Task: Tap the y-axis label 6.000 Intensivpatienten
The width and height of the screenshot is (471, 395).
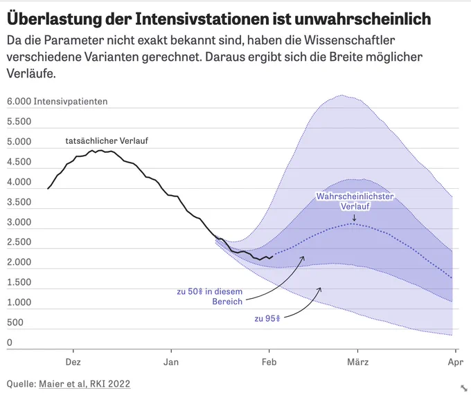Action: point(57,102)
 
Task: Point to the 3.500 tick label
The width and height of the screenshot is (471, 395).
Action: point(19,202)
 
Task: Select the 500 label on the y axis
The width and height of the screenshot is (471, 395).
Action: point(15,322)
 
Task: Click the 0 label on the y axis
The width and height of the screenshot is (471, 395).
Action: point(10,342)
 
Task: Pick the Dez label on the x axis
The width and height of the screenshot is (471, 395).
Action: point(73,362)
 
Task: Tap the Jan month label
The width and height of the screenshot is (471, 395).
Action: point(171,362)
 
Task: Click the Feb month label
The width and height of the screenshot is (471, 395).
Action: point(269,362)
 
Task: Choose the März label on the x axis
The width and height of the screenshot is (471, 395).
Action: point(358,362)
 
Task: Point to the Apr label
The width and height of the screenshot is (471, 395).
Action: point(455,362)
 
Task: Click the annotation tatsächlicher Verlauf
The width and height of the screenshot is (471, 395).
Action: point(107,140)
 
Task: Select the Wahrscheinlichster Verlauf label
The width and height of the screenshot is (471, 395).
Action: point(355,201)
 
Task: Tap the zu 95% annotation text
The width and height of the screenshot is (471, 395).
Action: point(267,318)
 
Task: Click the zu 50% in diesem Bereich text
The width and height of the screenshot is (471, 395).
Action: point(210,296)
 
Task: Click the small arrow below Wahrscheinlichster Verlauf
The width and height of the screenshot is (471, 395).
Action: point(354,217)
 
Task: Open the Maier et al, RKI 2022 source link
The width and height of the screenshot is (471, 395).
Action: point(85,384)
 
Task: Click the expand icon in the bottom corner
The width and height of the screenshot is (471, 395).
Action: point(464,388)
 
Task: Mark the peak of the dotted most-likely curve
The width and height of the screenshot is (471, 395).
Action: point(353,223)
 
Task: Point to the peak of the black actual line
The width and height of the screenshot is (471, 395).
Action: point(100,150)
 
